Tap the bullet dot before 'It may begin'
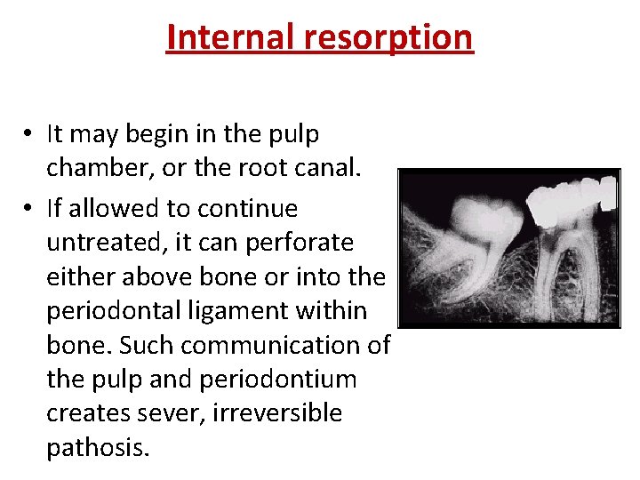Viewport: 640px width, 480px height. click(28, 134)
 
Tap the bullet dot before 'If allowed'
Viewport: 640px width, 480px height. click(28, 209)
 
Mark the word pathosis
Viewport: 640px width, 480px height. click(98, 447)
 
